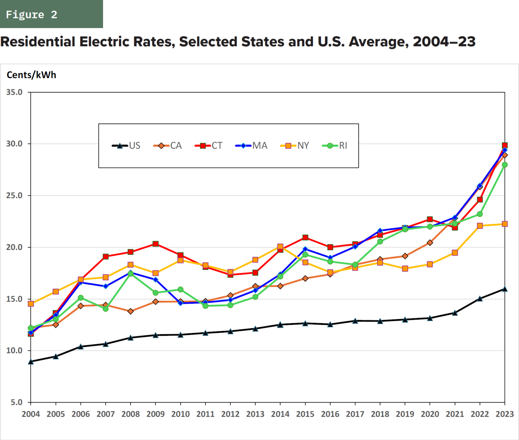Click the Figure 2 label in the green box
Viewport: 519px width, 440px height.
coord(31,15)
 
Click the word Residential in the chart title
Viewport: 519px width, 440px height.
coord(38,42)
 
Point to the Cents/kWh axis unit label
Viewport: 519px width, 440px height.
coord(31,75)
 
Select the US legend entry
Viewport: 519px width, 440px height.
coord(126,146)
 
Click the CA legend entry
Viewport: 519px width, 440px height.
coord(168,146)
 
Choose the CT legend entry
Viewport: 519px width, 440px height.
coord(209,146)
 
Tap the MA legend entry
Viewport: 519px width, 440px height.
coord(252,146)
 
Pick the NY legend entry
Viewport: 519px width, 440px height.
coord(295,146)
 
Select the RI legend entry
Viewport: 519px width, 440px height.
coord(335,146)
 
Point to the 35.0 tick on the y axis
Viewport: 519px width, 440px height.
coord(14,92)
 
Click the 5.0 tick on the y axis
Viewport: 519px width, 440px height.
coord(16,402)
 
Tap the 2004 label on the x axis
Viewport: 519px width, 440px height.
coord(31,414)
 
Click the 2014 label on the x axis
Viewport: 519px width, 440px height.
coord(280,414)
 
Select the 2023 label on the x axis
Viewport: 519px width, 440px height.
coord(504,414)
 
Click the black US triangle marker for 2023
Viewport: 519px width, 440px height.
coord(505,289)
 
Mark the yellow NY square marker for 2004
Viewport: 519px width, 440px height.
coord(31,304)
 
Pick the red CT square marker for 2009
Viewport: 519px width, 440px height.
coord(155,244)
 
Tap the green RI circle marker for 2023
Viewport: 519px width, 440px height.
coord(505,165)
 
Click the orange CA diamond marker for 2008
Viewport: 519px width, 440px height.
coord(130,311)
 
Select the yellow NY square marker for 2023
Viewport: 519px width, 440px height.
coord(505,224)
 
